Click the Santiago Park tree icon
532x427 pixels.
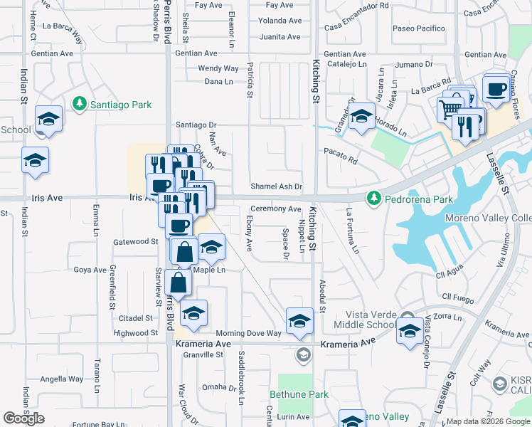(x=79, y=104)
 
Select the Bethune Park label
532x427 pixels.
(x=299, y=394)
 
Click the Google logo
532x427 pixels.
(x=23, y=418)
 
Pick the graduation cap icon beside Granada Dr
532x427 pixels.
(x=361, y=115)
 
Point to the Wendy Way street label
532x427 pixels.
(x=218, y=68)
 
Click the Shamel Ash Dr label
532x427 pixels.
(x=277, y=186)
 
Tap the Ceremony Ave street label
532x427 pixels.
(x=275, y=209)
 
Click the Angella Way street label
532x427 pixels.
(x=61, y=379)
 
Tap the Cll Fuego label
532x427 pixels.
(x=457, y=296)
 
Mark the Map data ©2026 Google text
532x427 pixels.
(x=488, y=421)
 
